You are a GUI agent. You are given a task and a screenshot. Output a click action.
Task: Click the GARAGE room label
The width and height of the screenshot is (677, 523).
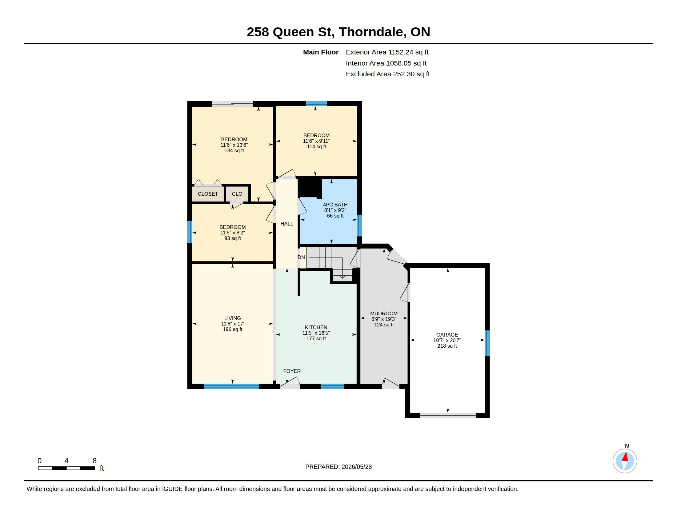[x=447, y=335]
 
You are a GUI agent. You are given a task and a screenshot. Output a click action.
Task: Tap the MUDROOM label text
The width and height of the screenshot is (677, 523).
[x=384, y=313]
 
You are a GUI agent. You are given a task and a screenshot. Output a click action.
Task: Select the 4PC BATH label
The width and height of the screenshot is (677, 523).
[x=335, y=205]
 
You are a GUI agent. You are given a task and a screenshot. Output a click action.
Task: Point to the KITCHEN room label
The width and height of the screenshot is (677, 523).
[x=316, y=328]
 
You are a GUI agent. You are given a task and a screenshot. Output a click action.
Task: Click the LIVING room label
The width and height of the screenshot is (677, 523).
[x=232, y=318]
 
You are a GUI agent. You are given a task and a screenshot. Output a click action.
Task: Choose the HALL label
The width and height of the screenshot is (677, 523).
[x=287, y=224]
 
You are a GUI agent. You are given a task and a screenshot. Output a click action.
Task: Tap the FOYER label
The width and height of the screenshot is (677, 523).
[x=292, y=371]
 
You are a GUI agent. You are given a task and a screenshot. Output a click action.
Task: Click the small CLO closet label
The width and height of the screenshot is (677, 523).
[x=237, y=194]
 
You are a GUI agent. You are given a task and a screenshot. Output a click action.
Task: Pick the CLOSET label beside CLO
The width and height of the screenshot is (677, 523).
[x=208, y=194]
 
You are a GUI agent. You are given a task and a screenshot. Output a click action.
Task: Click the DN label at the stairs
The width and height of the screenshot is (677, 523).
[x=301, y=258]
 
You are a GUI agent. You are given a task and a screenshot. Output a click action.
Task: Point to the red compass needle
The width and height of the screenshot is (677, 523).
[x=625, y=457]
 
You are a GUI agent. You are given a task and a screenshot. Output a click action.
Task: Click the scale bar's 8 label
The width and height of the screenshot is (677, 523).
[x=94, y=461]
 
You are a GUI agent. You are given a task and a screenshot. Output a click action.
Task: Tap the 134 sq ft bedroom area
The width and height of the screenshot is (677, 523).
[x=234, y=150]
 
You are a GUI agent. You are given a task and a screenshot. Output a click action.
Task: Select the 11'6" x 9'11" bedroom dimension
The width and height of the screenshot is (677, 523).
[x=316, y=141]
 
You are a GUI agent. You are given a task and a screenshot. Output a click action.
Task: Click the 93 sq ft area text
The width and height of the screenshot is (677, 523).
[x=232, y=238]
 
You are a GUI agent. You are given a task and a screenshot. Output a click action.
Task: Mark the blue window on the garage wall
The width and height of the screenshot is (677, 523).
[x=487, y=343]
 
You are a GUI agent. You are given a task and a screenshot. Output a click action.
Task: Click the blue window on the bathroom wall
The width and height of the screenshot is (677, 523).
[x=359, y=226]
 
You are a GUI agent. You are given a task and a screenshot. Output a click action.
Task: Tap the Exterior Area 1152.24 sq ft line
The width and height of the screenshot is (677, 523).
[x=387, y=52]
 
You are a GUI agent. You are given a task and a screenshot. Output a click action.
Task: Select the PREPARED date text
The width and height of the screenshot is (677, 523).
[x=338, y=467]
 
